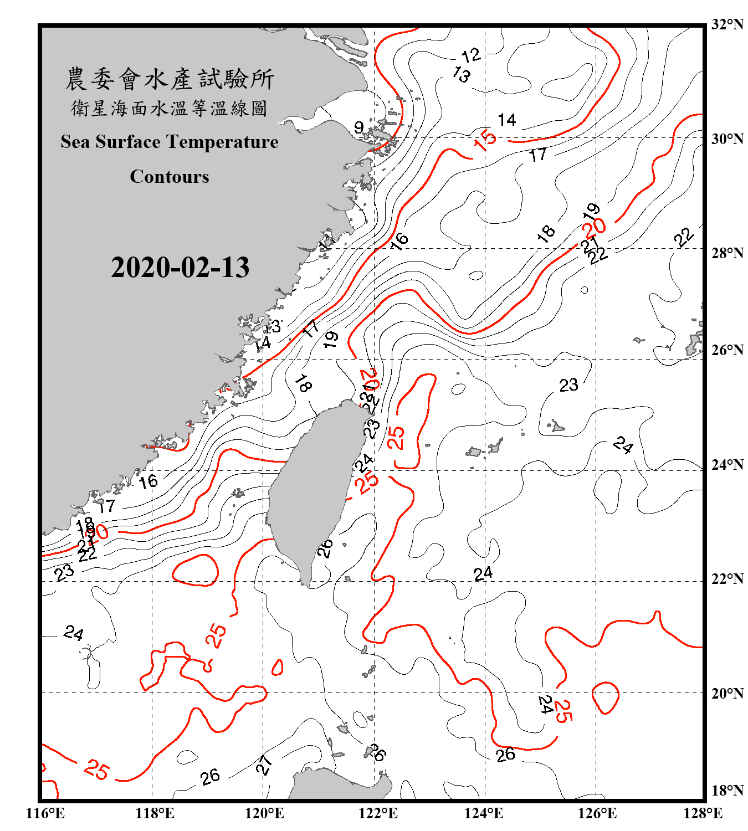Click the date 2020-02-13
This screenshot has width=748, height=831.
(x=180, y=268)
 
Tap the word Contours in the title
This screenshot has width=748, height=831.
(x=170, y=177)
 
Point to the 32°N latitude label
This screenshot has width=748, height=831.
(x=727, y=24)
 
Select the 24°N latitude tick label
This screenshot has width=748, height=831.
(x=727, y=465)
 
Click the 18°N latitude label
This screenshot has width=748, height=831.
(x=727, y=791)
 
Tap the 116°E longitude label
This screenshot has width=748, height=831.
(x=45, y=813)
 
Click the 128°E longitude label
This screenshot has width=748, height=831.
(x=703, y=813)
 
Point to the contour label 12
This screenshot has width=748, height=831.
(x=471, y=55)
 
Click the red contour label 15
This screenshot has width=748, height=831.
(x=485, y=141)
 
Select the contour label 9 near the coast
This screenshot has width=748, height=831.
(x=359, y=128)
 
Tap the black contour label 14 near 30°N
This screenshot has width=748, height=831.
(x=506, y=120)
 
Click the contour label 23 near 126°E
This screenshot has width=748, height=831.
(x=568, y=385)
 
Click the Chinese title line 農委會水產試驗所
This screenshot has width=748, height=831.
(x=170, y=79)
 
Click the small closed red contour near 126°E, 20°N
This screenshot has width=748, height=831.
(x=605, y=697)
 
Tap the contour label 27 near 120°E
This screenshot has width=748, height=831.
(x=264, y=765)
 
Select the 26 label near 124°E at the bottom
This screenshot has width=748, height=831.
(x=505, y=755)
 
